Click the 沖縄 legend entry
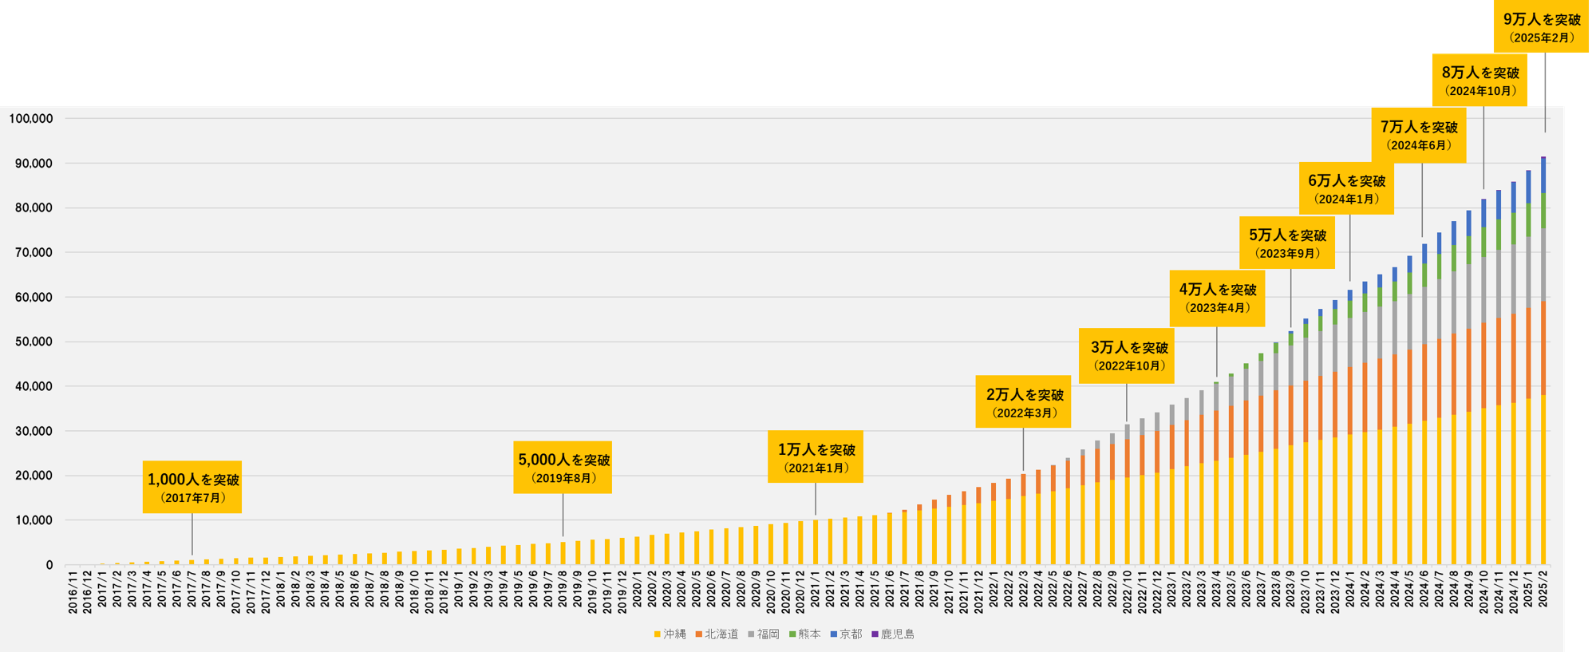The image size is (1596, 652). click(670, 634)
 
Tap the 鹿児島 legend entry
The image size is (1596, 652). click(893, 634)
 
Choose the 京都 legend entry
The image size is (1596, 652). click(846, 634)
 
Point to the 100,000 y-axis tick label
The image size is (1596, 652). click(31, 119)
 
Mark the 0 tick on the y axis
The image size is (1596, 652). click(49, 565)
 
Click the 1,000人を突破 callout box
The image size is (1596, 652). click(192, 487)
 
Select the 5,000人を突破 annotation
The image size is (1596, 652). click(563, 468)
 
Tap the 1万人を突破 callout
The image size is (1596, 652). click(816, 457)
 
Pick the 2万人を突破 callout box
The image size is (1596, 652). click(1023, 401)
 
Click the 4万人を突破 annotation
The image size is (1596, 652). click(1217, 297)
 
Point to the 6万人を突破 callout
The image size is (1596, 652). click(1346, 188)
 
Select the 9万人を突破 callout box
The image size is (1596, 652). click(1541, 26)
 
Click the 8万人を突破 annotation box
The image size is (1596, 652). click(1479, 80)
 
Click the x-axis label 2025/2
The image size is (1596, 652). click(1543, 591)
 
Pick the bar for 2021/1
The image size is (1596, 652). click(816, 543)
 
